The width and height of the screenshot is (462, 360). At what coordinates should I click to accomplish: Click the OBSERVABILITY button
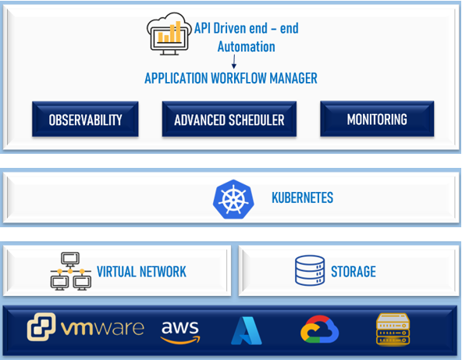pos(85,119)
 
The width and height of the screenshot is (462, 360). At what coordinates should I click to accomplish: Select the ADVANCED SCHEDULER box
pos(229,119)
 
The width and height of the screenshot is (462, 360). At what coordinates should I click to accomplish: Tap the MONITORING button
pos(377,119)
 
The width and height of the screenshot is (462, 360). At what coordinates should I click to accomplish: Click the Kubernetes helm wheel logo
pos(233,199)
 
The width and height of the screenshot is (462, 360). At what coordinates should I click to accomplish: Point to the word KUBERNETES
pos(302,198)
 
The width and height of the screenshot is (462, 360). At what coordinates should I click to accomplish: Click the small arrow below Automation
pos(234,62)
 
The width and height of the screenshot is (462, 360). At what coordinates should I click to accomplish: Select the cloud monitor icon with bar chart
pos(169,34)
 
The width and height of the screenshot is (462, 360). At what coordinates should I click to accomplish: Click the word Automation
pos(247,47)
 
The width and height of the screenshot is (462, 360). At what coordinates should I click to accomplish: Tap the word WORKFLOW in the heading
pos(239,78)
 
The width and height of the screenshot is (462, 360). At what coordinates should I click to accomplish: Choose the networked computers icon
pos(71,271)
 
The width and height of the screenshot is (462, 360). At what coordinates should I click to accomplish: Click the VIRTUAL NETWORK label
pos(141,272)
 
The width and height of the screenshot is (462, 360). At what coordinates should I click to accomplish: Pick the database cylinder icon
pos(310,270)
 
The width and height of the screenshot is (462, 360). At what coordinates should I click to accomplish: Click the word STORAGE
pos(354,272)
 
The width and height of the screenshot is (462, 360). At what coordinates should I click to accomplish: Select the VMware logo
pos(86,327)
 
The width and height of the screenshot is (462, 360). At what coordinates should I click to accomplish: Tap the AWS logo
pos(180,332)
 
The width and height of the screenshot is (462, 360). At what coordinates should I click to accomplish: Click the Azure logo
pos(247,330)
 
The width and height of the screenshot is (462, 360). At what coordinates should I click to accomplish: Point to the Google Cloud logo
pos(320,330)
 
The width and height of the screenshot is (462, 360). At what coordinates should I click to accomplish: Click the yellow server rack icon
pos(393,329)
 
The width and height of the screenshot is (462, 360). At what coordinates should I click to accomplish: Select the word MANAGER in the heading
pos(293,78)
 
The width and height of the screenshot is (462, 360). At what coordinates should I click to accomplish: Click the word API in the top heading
pos(202,28)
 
